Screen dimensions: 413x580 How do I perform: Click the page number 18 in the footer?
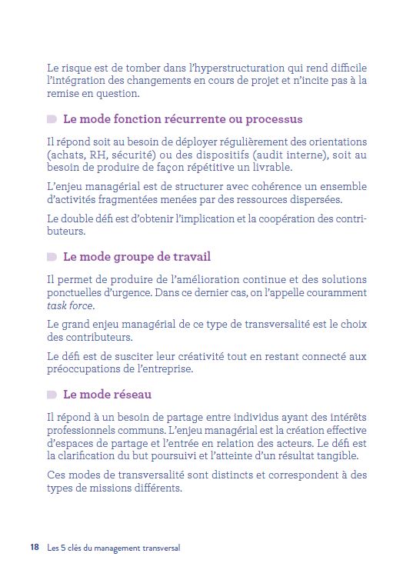pos(35,548)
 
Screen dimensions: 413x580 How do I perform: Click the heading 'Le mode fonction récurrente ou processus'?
pos(182,119)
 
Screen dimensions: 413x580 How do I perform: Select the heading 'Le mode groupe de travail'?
pos(136,257)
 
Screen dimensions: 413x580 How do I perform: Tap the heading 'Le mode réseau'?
pos(107,395)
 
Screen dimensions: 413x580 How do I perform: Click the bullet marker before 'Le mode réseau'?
pos(52,395)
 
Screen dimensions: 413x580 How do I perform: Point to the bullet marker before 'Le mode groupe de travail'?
pos(52,257)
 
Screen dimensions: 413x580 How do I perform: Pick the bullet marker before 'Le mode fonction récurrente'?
pos(52,119)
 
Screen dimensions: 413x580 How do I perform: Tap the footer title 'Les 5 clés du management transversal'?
pos(113,548)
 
